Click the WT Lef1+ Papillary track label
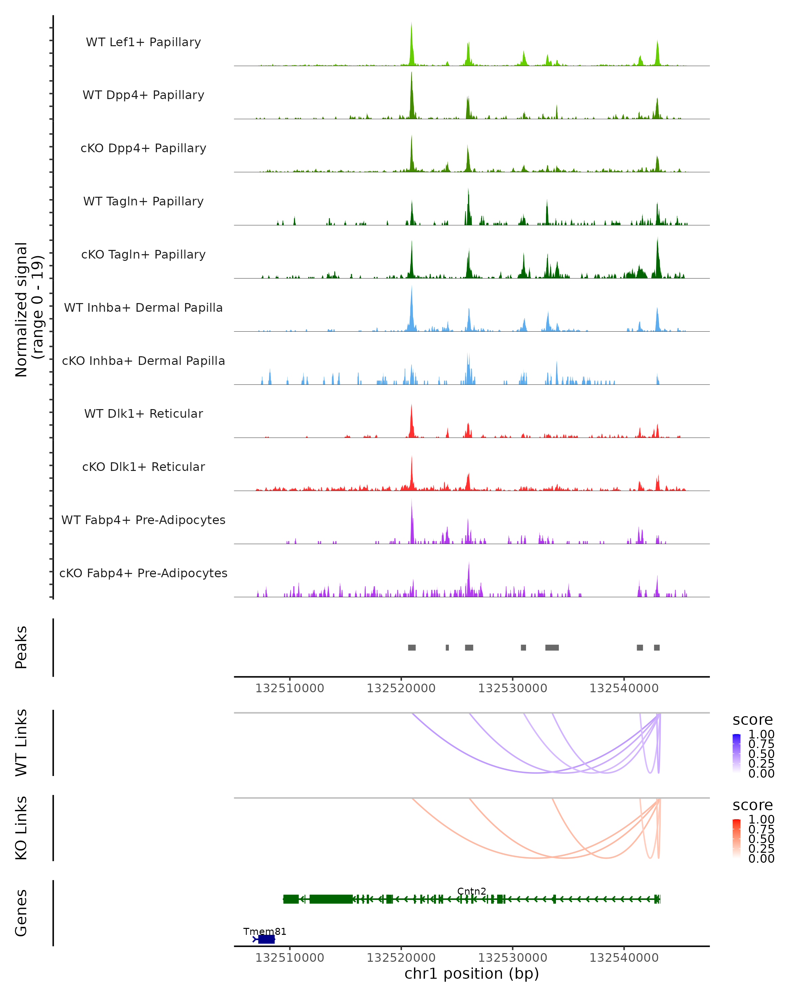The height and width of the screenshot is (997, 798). pyautogui.click(x=143, y=42)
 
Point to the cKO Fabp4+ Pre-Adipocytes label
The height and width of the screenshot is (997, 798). pyautogui.click(x=143, y=573)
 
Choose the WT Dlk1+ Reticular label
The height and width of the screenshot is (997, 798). pyautogui.click(x=143, y=413)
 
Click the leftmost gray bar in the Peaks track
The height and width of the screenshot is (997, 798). pyautogui.click(x=412, y=647)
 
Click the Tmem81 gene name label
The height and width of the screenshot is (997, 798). pyautogui.click(x=265, y=931)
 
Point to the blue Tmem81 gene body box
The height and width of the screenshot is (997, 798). pyautogui.click(x=266, y=939)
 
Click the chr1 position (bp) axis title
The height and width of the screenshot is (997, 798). pyautogui.click(x=471, y=973)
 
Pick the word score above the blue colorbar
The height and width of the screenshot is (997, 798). pyautogui.click(x=753, y=720)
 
